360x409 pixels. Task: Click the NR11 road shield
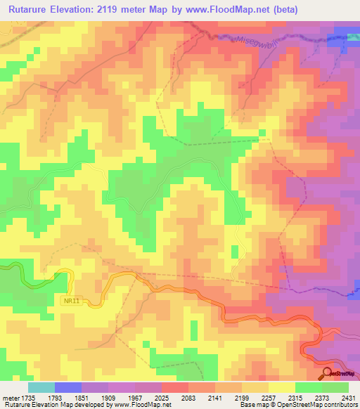[70, 300]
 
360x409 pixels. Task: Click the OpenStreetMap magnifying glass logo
[328, 373]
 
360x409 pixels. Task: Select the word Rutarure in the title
[32, 10]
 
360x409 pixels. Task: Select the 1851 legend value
[94, 398]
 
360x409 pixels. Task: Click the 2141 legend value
[216, 398]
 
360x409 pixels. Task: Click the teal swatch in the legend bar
[41, 387]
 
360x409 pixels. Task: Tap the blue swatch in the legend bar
[67, 387]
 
